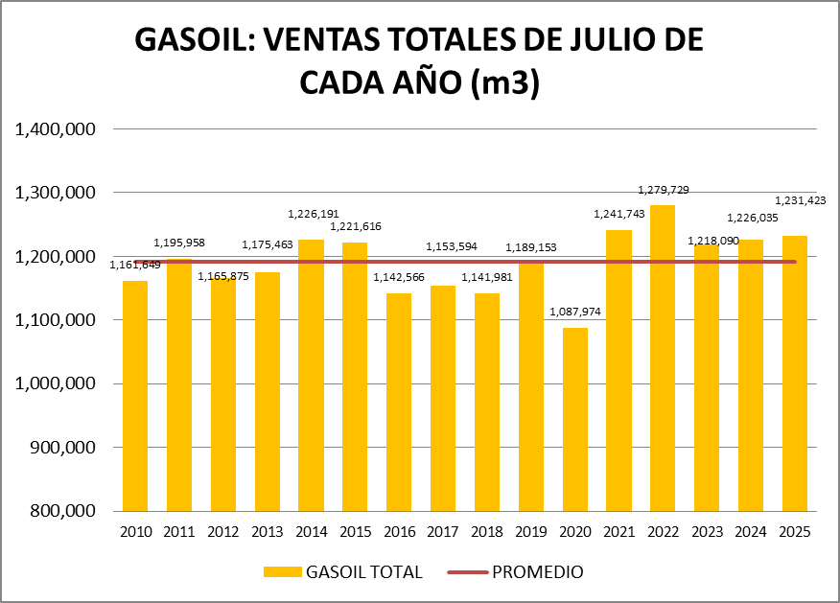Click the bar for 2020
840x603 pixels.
point(574,419)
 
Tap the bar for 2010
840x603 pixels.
point(135,395)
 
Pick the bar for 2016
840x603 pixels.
point(399,402)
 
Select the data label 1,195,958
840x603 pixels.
point(179,244)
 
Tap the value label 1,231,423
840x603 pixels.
point(800,200)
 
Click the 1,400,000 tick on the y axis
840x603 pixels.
point(55,128)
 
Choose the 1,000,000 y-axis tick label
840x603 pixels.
point(55,383)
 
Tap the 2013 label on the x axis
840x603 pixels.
point(268,531)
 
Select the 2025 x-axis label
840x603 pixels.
point(795,531)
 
